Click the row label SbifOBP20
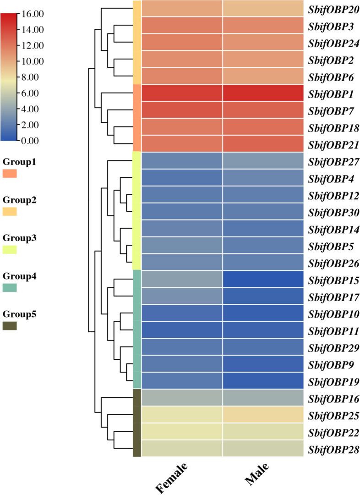(333, 9)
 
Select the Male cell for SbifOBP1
(263, 93)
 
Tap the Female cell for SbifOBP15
(182, 279)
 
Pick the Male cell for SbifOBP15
(263, 279)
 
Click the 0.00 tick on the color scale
(30, 140)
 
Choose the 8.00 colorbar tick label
(30, 77)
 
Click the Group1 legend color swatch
(10, 174)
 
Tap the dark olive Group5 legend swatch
(10, 326)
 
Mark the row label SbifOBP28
(333, 449)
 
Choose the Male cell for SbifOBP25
(263, 415)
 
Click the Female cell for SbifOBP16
(182, 398)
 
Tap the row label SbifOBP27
(333, 161)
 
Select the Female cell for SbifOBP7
(182, 110)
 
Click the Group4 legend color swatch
(10, 288)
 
